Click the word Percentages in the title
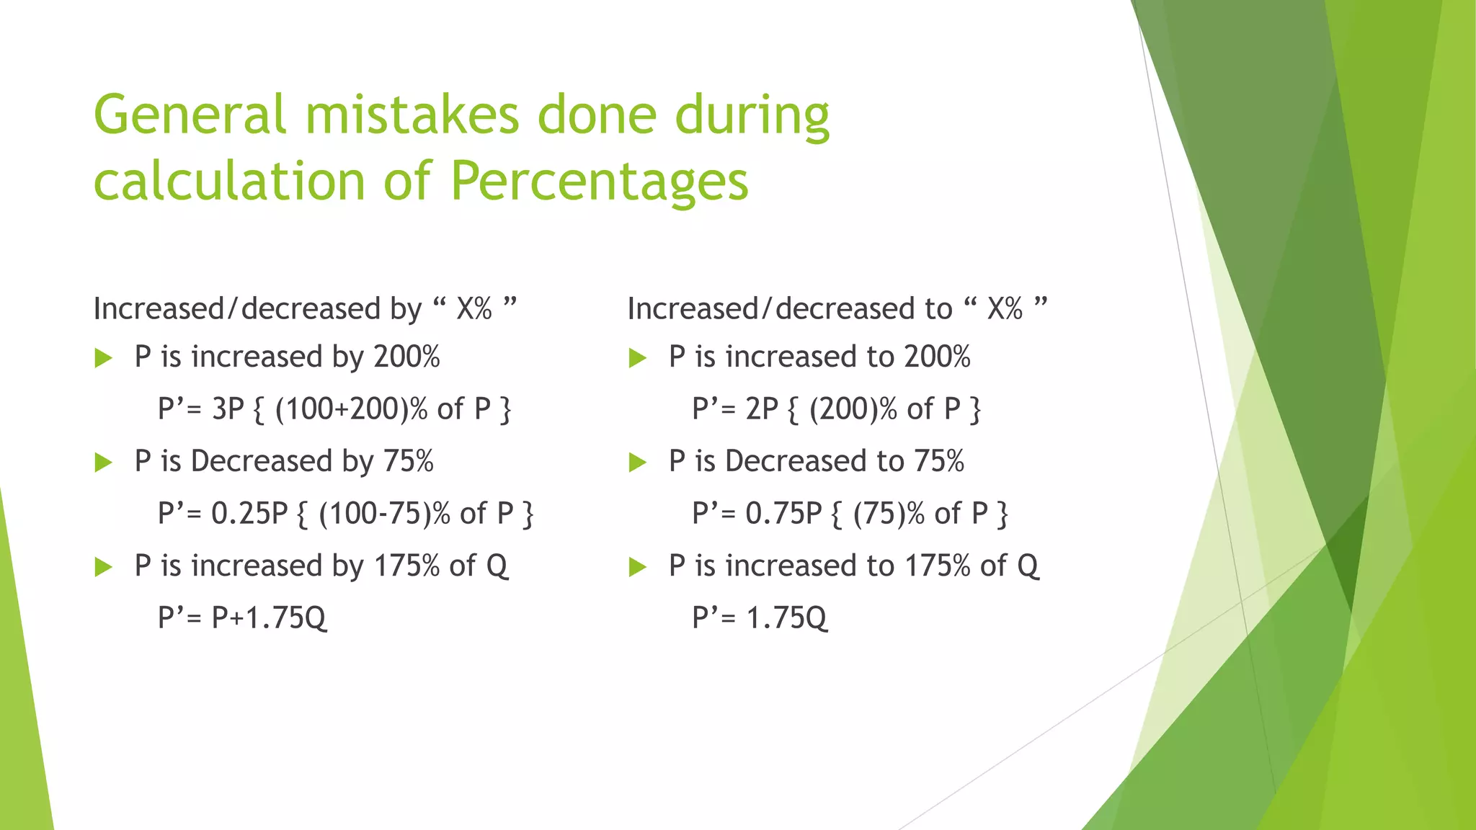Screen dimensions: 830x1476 click(x=600, y=182)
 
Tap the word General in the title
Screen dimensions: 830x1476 click(x=190, y=115)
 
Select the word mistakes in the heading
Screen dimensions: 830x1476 click(x=411, y=115)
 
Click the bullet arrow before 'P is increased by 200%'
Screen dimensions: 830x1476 click(x=104, y=358)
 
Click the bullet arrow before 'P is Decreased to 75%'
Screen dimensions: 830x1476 click(x=638, y=463)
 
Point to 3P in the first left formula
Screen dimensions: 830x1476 click(x=228, y=409)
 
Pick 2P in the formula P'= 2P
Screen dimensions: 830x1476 click(x=762, y=409)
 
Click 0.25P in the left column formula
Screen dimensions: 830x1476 click(x=249, y=514)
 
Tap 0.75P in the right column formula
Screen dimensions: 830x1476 click(x=783, y=514)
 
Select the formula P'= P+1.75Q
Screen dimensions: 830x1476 click(x=242, y=618)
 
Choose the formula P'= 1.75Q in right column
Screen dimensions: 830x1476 click(x=760, y=618)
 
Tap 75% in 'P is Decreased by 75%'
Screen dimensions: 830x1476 click(x=408, y=462)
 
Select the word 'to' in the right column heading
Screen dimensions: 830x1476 click(x=938, y=310)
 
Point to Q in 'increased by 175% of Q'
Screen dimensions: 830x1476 click(x=497, y=566)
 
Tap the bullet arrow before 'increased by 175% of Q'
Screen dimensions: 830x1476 click(x=104, y=567)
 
